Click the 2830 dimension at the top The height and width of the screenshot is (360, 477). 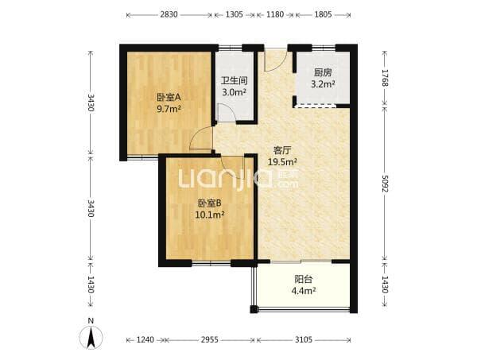coord(169,14)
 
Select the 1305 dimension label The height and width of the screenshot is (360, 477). coord(235,14)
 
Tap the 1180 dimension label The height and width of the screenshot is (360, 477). coord(275,14)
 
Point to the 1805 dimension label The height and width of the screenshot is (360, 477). coord(323,14)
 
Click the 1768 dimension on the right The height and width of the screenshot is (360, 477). coord(385,78)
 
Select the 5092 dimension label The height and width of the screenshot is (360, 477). coord(385,184)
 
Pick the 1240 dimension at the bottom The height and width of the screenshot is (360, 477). coord(145,339)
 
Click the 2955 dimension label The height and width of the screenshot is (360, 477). coord(210,339)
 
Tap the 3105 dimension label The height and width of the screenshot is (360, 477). coord(304,339)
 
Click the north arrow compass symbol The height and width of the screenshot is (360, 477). coord(91,337)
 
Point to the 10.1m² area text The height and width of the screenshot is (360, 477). coord(210,215)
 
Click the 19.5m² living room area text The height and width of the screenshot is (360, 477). coord(282,162)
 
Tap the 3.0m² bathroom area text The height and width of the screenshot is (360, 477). coord(234,92)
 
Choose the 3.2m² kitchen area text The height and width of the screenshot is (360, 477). coord(323,84)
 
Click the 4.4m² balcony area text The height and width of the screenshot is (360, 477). coord(304,291)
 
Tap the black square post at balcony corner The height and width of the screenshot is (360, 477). coord(254,309)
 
